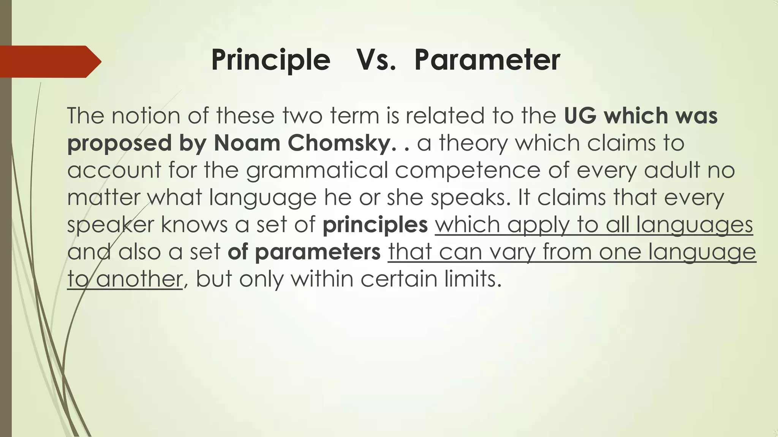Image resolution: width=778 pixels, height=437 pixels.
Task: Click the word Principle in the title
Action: (270, 60)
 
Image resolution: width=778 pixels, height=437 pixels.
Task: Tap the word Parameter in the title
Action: (487, 60)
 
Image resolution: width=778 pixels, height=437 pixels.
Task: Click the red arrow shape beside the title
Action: (49, 61)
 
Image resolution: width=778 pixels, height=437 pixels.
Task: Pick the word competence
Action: (468, 171)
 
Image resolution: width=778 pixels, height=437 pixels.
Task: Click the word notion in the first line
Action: (145, 116)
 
